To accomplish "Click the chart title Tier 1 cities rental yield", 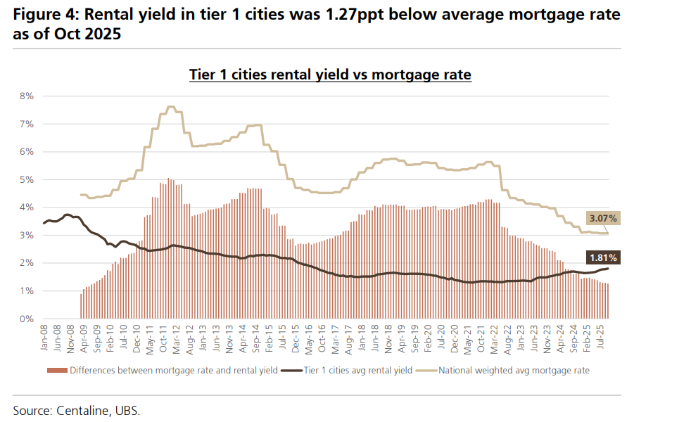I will [330, 74].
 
